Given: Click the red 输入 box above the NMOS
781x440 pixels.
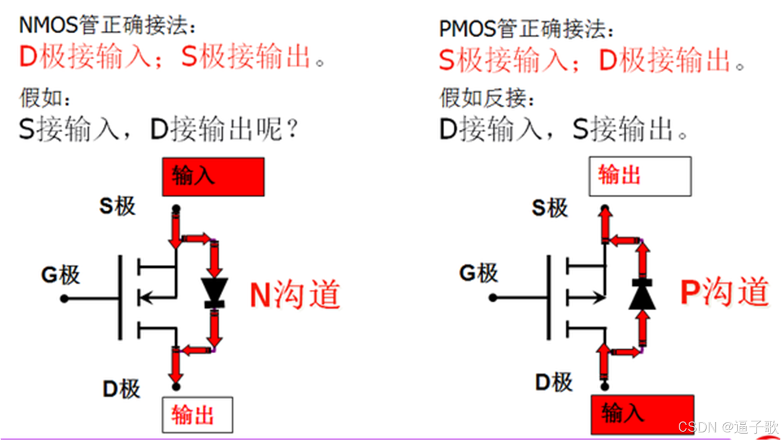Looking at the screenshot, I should [213, 176].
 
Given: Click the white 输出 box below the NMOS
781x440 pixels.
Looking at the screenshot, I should [197, 415].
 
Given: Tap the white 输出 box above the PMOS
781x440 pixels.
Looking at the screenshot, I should [640, 176].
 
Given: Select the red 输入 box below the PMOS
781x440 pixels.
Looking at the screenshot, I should [642, 414].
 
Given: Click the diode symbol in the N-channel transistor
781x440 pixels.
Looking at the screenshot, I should [214, 293].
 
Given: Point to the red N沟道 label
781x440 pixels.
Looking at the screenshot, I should [295, 294].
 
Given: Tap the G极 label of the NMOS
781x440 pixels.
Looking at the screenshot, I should [60, 275].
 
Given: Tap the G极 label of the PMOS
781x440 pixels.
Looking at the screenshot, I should [479, 272].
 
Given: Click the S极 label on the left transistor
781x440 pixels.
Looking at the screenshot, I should [117, 205].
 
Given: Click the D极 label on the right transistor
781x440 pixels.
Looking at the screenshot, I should [554, 382].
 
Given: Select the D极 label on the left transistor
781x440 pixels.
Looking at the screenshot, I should [122, 389].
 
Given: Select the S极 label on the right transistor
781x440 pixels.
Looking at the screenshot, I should [550, 208].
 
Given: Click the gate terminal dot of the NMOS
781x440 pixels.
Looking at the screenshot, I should [65, 299].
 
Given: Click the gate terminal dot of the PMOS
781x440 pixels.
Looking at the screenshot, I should [493, 297].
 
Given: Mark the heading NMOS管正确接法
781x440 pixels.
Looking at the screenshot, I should [108, 26].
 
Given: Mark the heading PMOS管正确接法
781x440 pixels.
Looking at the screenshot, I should [526, 29].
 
